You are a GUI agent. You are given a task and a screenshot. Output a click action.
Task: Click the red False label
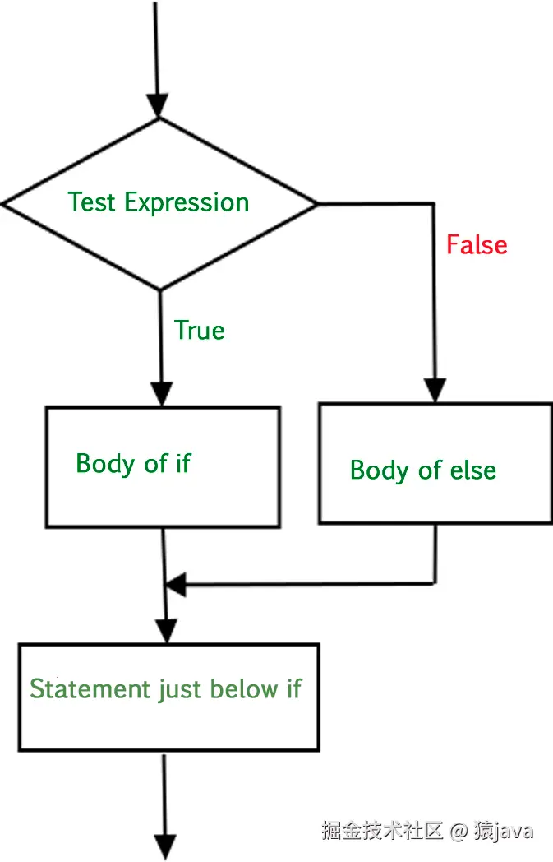477,245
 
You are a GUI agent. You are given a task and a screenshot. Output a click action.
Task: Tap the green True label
200,331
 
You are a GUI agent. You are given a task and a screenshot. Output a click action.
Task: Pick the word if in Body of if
182,463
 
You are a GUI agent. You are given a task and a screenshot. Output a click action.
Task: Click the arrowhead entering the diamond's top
157,106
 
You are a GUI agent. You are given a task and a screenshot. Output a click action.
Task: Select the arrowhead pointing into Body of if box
162,394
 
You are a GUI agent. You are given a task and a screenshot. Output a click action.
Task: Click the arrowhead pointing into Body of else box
435,390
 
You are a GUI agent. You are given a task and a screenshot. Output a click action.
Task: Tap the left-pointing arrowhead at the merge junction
176,586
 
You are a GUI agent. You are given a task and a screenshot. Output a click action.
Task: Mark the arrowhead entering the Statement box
166,632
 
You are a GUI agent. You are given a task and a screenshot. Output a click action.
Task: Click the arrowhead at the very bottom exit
165,846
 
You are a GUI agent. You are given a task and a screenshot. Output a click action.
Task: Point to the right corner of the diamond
316,203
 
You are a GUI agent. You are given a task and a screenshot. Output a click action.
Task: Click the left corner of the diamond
4,204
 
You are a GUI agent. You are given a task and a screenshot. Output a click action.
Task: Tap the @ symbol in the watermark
459,831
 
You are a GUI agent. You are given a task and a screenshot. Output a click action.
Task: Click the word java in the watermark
513,831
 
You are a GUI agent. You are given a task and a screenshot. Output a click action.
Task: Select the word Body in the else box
380,470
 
